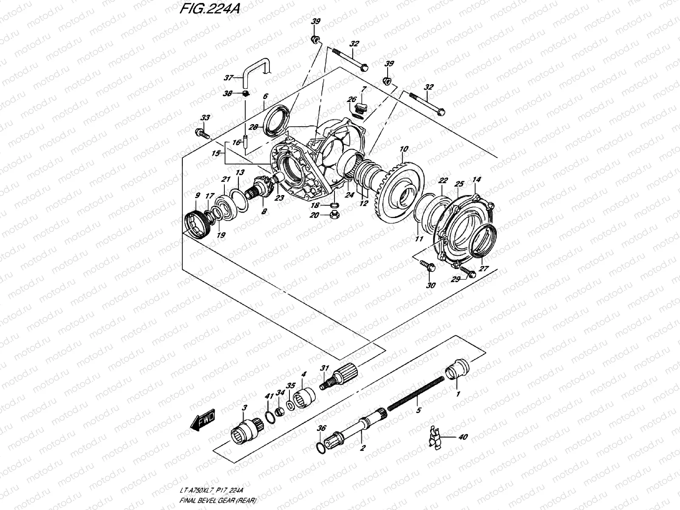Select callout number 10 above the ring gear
tap(404, 149)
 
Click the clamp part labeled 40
tap(434, 436)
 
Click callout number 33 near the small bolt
tap(205, 118)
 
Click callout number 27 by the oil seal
tap(484, 269)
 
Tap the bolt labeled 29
tap(467, 271)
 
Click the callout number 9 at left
tap(197, 195)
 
